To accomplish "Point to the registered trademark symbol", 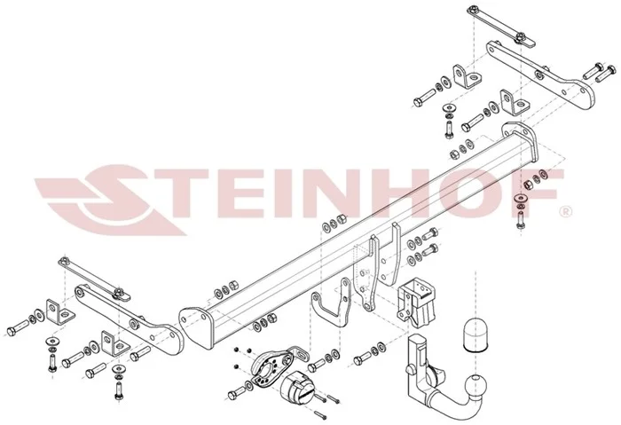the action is pos(566,211).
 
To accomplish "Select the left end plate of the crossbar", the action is pos(196,327).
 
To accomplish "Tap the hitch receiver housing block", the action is pos(417,302).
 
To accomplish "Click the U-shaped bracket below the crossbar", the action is pos(332,303).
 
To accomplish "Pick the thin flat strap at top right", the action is pos(500,25).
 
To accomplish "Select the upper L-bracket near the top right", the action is pos(468,76).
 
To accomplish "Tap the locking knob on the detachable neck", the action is pos(409,370).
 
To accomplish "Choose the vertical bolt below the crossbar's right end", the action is pos(520,219).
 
